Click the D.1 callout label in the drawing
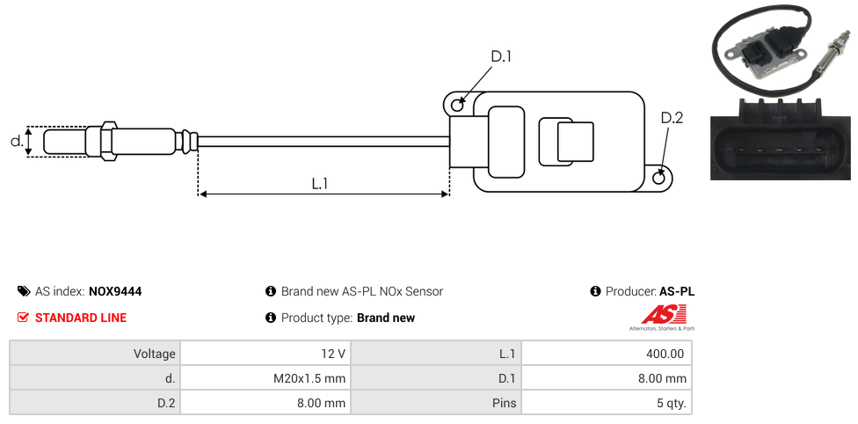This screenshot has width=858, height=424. [x=501, y=56]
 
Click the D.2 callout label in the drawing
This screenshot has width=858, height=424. [x=672, y=119]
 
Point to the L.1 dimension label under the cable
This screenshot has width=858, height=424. [x=319, y=183]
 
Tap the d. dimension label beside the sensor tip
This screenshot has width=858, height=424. [x=16, y=141]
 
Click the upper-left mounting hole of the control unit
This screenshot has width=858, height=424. [x=457, y=106]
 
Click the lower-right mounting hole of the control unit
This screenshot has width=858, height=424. [x=660, y=179]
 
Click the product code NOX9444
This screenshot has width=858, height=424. [x=115, y=291]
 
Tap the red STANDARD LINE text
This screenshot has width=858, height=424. [x=81, y=318]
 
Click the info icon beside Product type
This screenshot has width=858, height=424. [x=271, y=318]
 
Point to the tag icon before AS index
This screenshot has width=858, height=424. [x=24, y=291]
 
